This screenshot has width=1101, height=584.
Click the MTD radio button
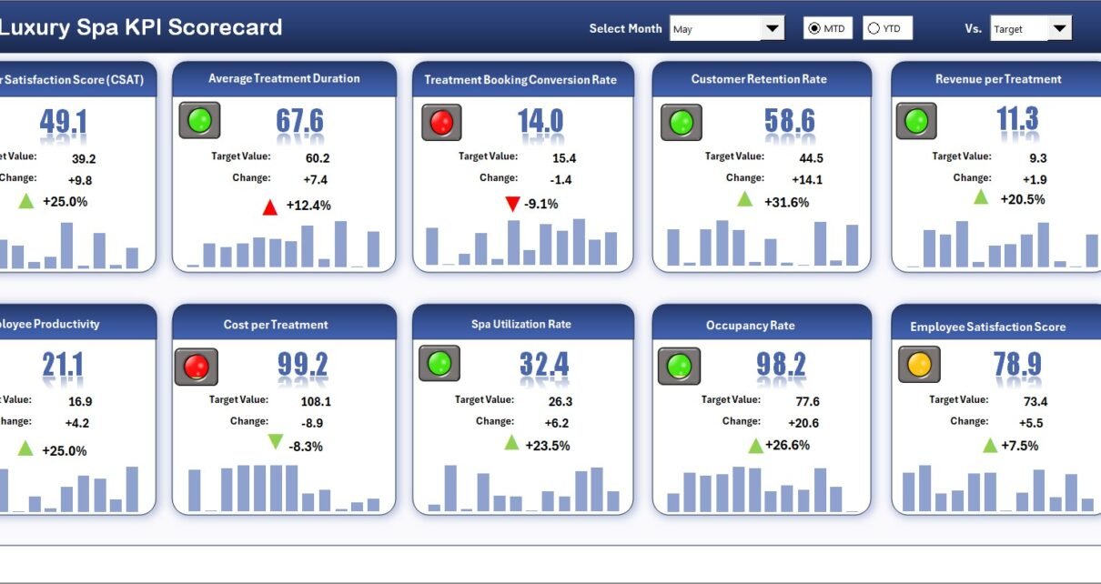tap(814, 28)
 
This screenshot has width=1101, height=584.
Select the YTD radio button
tap(874, 28)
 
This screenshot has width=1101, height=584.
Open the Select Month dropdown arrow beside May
tap(772, 28)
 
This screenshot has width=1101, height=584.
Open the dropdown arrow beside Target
tap(1059, 28)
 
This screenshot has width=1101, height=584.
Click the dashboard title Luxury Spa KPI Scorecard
tap(140, 27)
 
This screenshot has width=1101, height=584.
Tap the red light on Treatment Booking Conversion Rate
tap(441, 122)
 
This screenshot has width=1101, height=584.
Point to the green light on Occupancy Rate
tap(680, 366)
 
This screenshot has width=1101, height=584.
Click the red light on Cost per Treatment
tap(197, 367)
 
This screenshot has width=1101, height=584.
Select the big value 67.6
tap(299, 121)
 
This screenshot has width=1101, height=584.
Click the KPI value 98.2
tap(781, 365)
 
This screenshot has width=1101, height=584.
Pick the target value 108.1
tap(316, 401)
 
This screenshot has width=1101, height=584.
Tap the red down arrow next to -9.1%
tap(512, 203)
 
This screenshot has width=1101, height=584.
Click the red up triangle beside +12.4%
tap(269, 207)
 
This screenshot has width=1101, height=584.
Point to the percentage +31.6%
tap(786, 202)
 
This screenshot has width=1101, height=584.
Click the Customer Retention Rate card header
tap(759, 79)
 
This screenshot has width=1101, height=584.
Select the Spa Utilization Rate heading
tap(521, 324)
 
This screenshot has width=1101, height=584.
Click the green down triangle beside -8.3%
tap(276, 442)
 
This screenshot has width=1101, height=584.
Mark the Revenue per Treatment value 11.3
tap(1017, 119)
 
